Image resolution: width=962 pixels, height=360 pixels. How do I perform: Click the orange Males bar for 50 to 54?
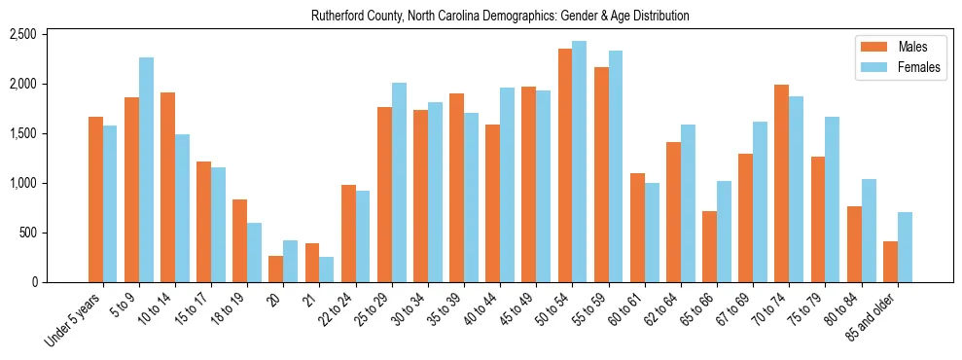coord(565,165)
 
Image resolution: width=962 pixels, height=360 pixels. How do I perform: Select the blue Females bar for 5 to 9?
coord(146,170)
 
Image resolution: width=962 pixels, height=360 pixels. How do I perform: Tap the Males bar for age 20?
coord(276,270)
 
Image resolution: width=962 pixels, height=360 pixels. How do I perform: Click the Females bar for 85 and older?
coord(905,247)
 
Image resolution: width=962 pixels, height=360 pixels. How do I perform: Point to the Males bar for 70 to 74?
coord(782,184)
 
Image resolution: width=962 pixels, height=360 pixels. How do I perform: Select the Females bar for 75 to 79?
coord(833,199)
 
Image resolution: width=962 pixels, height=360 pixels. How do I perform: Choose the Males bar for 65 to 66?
coord(710,247)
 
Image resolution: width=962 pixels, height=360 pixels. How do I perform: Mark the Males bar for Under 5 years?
coord(95,199)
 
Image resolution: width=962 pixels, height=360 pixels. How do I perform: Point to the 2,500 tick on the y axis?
coord(22,35)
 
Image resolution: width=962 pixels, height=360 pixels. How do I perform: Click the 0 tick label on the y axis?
coord(33,282)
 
